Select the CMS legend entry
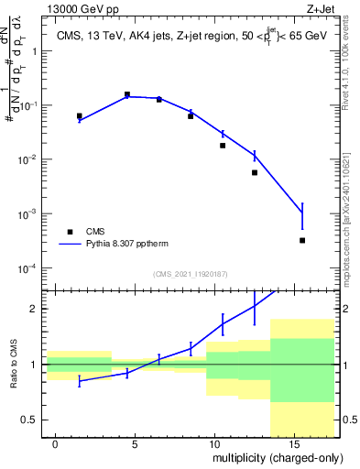[97, 233]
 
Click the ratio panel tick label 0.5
[27, 420]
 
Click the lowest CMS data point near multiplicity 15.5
[302, 240]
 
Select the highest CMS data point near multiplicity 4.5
[127, 94]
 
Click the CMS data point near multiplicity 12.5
[255, 172]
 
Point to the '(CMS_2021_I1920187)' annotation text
[189, 274]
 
